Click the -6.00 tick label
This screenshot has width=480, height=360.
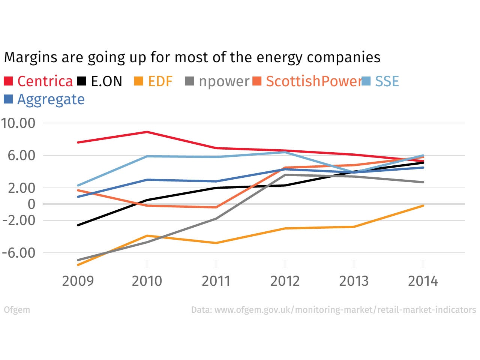pyautogui.click(x=19, y=253)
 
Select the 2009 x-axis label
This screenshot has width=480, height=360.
pyautogui.click(x=78, y=281)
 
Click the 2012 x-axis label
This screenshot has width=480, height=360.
pyautogui.click(x=285, y=281)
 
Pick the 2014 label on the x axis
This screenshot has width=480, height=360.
pyautogui.click(x=423, y=281)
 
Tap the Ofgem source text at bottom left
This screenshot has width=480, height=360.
pyautogui.click(x=17, y=310)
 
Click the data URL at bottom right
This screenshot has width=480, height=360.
pyautogui.click(x=333, y=310)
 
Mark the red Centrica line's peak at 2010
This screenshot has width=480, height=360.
pyautogui.click(x=147, y=132)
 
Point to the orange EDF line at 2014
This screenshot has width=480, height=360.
pyautogui.click(x=423, y=205)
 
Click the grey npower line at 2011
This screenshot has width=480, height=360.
pyautogui.click(x=216, y=218)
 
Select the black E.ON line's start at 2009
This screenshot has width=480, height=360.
pyautogui.click(x=78, y=225)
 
